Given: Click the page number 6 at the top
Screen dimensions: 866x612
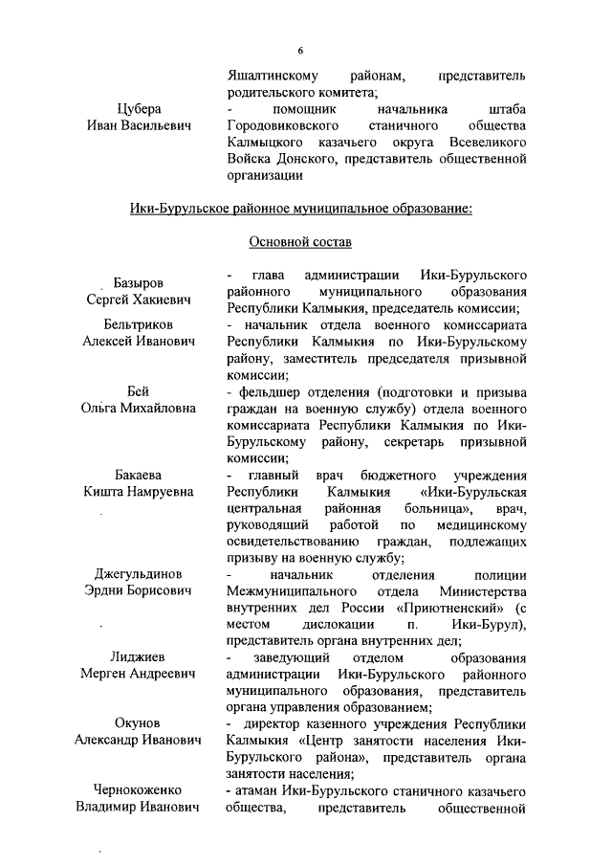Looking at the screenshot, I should pos(299,50).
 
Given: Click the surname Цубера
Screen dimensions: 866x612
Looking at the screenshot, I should pos(139,109).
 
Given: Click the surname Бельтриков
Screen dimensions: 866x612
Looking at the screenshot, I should pos(139,324).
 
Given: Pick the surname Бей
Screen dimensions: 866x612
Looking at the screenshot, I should pos(139,391).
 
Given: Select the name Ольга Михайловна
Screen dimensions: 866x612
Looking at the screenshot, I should pos(139,409).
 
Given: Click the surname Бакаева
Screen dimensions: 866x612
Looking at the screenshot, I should pos(139,475).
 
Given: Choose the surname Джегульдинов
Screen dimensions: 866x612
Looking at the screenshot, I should pos(139,574).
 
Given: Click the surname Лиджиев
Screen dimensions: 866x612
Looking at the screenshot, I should pos(139,658).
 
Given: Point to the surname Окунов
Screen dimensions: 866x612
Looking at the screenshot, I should pos(139,723).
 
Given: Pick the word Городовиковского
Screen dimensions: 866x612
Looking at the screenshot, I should pos(284,126).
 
